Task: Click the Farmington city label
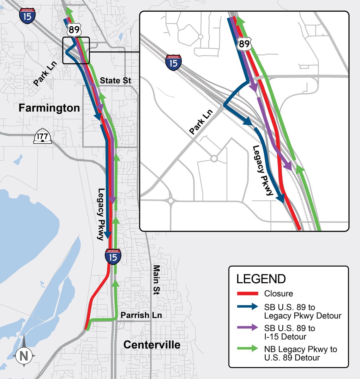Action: click(49, 108)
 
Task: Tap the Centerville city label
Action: click(152, 345)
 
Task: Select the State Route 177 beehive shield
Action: click(43, 136)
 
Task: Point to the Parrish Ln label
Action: click(141, 315)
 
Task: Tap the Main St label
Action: click(156, 280)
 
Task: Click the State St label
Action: click(115, 81)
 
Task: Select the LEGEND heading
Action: click(261, 279)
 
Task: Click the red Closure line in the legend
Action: click(247, 294)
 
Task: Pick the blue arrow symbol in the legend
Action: click(247, 307)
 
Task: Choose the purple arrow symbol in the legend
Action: click(247, 328)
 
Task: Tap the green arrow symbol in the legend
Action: click(247, 349)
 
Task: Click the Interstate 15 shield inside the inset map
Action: click(173, 62)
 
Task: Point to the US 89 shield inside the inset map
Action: click(244, 43)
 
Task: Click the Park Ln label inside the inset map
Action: click(201, 122)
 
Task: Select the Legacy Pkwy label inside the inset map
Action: click(262, 171)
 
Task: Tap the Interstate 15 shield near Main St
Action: click(113, 256)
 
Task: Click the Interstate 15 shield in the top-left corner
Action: click(27, 16)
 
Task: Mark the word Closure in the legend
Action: click(279, 294)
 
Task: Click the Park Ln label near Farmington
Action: click(45, 74)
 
